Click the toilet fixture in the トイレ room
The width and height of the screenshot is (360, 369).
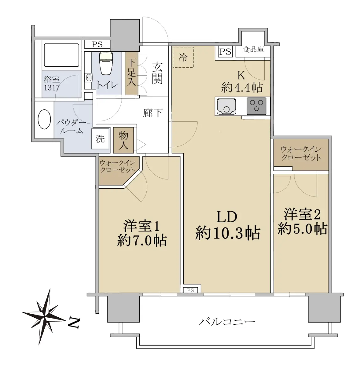tap(106, 64)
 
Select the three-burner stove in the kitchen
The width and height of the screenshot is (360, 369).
tap(256, 106)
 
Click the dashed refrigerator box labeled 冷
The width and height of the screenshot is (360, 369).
tap(183, 57)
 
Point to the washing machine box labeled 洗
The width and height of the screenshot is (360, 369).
tap(100, 139)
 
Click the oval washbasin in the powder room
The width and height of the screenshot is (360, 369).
tap(44, 119)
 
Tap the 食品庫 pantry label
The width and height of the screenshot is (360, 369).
tap(253, 50)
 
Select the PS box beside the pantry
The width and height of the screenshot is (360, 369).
tap(225, 52)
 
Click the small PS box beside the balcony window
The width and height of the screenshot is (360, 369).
tap(190, 290)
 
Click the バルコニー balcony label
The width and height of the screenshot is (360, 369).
tap(227, 322)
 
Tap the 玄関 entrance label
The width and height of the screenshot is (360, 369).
tap(158, 73)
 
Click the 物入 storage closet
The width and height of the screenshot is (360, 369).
tap(124, 140)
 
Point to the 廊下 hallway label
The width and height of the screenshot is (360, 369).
tap(153, 113)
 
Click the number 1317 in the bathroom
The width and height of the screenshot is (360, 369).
tap(52, 88)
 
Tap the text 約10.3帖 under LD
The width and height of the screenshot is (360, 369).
tap(227, 233)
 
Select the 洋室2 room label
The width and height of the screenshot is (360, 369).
tap(302, 214)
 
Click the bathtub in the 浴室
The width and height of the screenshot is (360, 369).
tap(62, 55)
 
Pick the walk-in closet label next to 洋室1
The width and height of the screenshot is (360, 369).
tap(118, 166)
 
